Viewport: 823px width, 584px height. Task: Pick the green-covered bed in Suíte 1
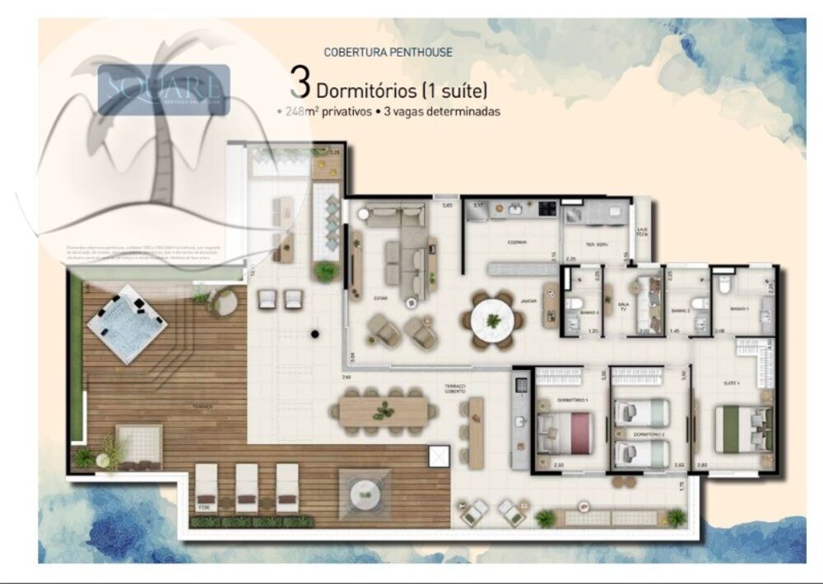[x=739, y=429]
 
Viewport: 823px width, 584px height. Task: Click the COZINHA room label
[x=517, y=243]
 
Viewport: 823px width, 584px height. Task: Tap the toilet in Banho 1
[x=725, y=285]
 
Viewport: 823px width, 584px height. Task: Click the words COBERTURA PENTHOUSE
[x=388, y=52]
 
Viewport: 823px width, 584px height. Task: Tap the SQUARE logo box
[x=164, y=90]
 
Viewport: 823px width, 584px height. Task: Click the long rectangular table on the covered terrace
[x=382, y=410]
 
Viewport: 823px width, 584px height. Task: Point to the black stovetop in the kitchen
[x=547, y=209]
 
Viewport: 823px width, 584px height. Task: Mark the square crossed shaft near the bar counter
[x=440, y=456]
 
